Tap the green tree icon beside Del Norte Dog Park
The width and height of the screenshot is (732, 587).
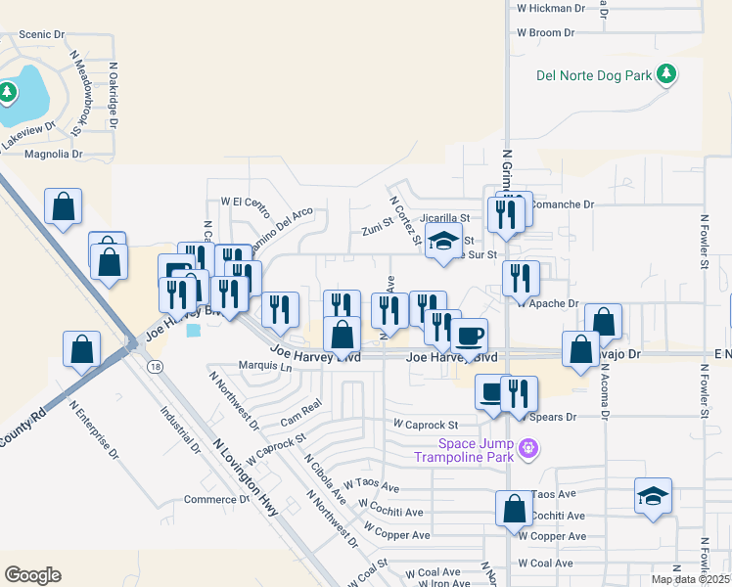(x=666, y=74)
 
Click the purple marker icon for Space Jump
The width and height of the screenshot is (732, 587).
(x=528, y=449)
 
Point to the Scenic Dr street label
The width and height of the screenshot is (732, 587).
(x=41, y=33)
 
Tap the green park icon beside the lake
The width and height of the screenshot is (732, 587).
(x=8, y=93)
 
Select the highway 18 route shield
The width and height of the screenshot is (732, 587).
(x=155, y=366)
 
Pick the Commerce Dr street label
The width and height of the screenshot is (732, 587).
(x=210, y=499)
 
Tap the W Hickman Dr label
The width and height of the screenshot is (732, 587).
(x=550, y=8)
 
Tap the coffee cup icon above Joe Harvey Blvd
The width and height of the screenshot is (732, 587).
(x=470, y=335)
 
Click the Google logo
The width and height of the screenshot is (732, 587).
(x=32, y=575)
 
